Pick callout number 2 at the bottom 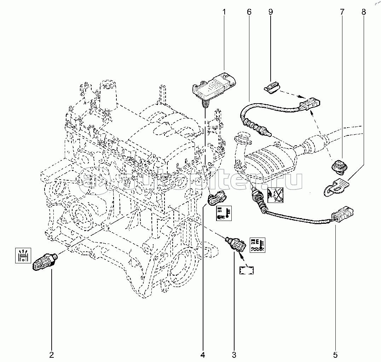tap(52, 354)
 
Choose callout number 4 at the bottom tap(203, 354)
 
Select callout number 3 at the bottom tap(234, 354)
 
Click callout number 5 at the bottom tap(335, 354)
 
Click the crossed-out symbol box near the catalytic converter tap(276, 194)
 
